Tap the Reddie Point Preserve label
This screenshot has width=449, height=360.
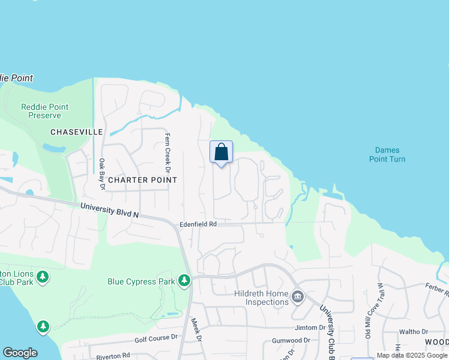point(44,111)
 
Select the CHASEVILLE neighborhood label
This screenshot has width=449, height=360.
point(77,132)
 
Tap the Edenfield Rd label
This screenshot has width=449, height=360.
point(197,224)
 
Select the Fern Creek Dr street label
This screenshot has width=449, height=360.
point(168,149)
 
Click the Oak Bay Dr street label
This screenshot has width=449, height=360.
point(102,173)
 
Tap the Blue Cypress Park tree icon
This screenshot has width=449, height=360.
point(184,280)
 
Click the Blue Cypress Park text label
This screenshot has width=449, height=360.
point(141,281)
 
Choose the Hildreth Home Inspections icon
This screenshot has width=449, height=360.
point(298,297)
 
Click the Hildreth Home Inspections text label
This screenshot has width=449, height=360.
point(261,298)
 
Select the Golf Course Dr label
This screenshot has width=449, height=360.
point(156,338)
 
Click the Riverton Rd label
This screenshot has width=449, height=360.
point(113,356)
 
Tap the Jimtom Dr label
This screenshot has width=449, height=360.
point(310,328)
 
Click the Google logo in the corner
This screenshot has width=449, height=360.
point(20,353)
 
